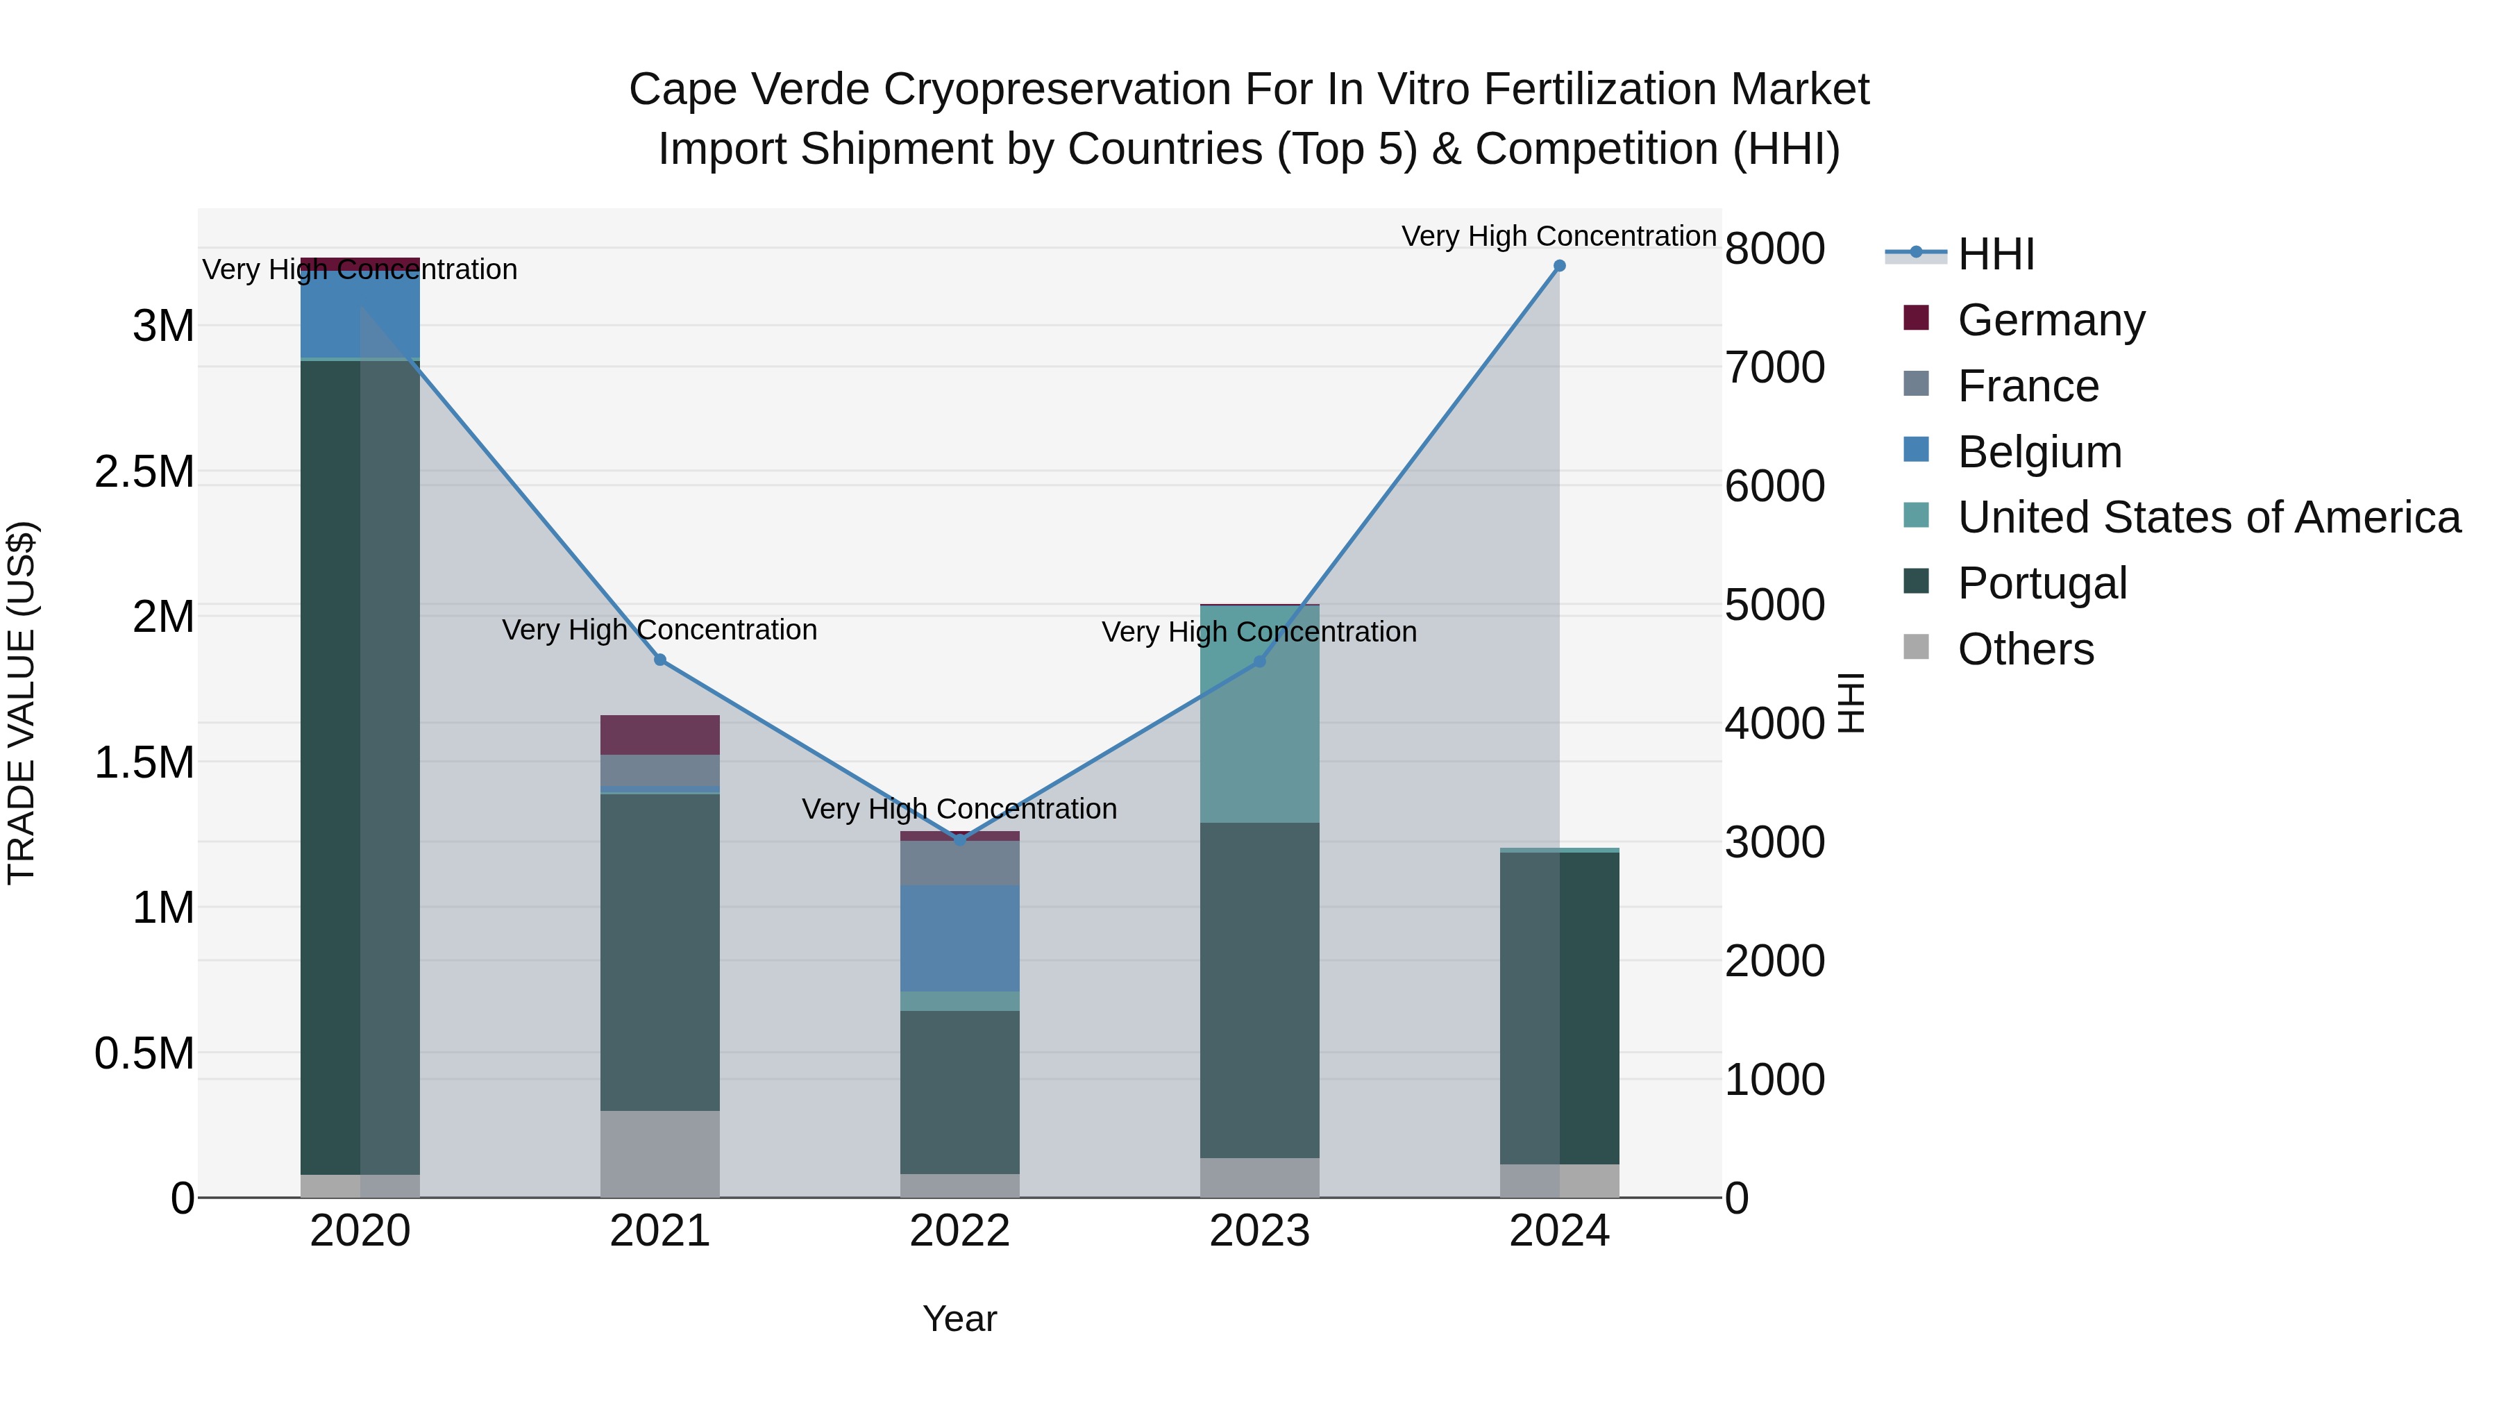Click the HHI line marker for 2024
(x=1559, y=266)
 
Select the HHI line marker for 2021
(x=659, y=660)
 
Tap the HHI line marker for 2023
(x=1259, y=662)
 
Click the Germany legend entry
(x=2050, y=320)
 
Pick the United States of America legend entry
(x=2208, y=517)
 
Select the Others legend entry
(x=2025, y=649)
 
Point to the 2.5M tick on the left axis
(x=144, y=471)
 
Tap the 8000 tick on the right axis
(x=1774, y=249)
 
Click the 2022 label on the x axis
(x=959, y=1231)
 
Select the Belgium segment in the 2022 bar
(x=959, y=937)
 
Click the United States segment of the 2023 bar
(x=1259, y=714)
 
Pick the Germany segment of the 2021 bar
(x=659, y=735)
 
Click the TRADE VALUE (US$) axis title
(x=22, y=703)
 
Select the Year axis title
(x=959, y=1319)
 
